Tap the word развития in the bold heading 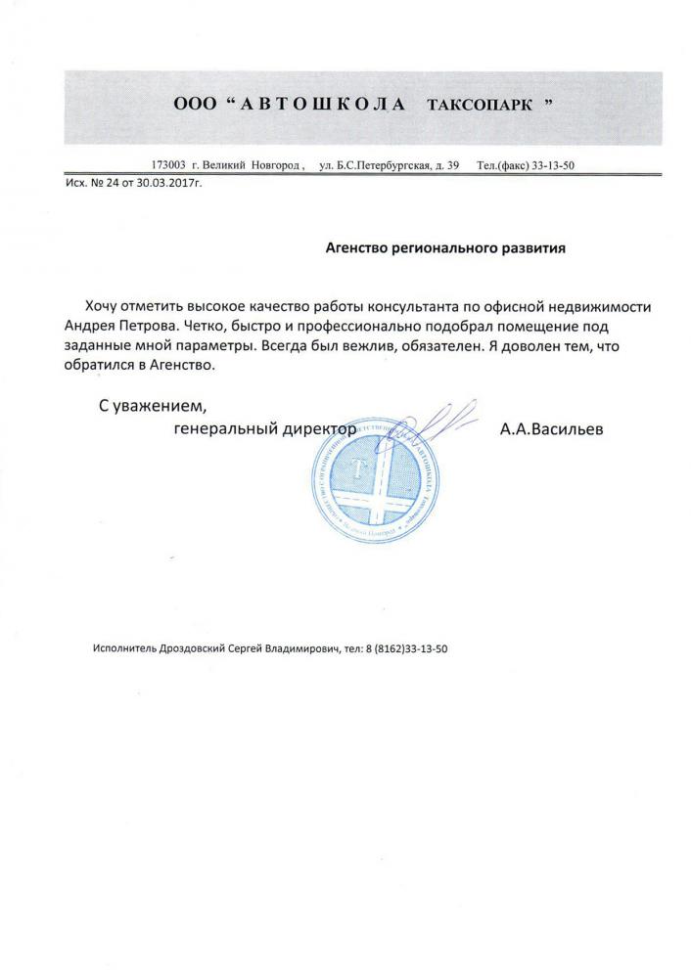pos(531,247)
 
